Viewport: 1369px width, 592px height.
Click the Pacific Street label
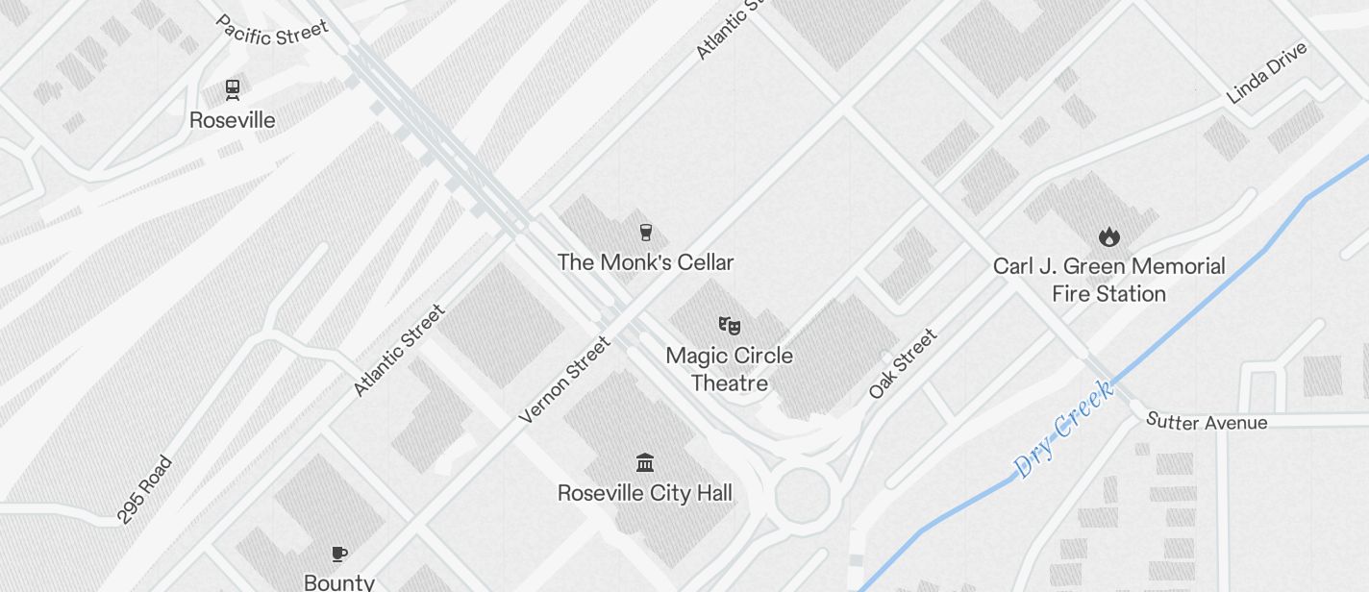click(271, 30)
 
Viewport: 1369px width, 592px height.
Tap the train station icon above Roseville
click(232, 89)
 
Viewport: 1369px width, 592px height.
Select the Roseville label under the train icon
click(232, 120)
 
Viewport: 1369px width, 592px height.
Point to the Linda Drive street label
click(1267, 72)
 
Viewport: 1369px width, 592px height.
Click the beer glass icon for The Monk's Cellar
click(646, 232)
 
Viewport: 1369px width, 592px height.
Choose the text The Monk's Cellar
click(646, 262)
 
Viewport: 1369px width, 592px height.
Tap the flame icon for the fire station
click(1108, 236)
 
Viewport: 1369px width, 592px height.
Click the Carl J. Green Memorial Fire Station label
click(1109, 280)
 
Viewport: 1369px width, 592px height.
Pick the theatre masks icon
click(730, 325)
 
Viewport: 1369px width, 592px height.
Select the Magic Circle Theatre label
click(730, 369)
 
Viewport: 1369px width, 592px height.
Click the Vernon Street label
click(564, 380)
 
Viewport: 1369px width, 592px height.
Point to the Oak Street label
click(903, 364)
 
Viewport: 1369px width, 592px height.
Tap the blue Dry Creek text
click(1064, 428)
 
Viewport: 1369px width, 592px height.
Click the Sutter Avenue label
click(1207, 421)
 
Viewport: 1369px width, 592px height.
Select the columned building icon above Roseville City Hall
click(645, 463)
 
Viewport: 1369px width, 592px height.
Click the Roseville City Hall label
click(645, 494)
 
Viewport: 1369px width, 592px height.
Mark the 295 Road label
click(144, 490)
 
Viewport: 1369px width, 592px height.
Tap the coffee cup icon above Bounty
click(338, 554)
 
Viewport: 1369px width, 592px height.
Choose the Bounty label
click(338, 581)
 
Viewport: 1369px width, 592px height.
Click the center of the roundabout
click(802, 495)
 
